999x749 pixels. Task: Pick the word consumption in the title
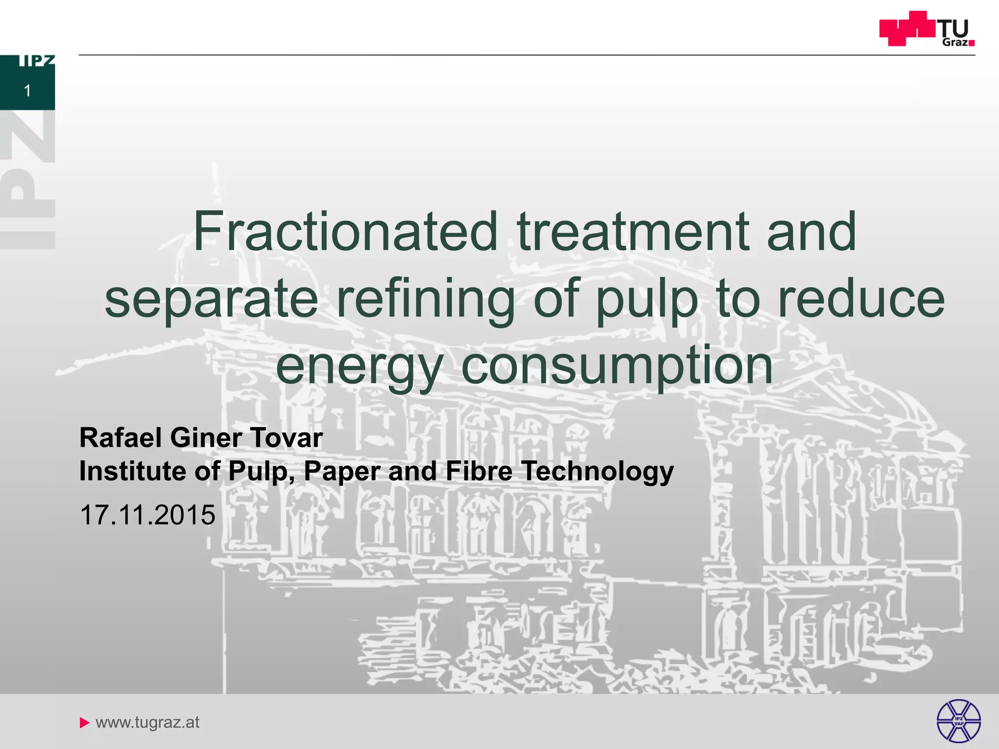coord(617,367)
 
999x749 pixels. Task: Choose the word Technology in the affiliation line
coord(598,472)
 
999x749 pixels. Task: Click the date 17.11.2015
coord(147,515)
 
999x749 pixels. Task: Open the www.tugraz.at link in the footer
coord(147,722)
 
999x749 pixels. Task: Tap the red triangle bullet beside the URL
coord(84,722)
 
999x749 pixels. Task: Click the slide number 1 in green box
coord(27,91)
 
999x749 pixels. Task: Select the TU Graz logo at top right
coord(926,29)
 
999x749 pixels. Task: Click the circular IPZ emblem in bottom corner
coord(958,721)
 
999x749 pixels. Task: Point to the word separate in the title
coord(211,300)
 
